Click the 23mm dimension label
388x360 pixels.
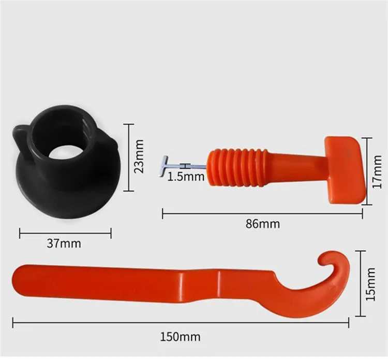coord(138,157)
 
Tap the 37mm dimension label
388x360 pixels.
coord(64,243)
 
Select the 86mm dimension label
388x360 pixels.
coord(263,224)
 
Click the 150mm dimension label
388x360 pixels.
coord(181,337)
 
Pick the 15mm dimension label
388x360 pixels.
coord(370,284)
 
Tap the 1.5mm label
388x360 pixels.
coord(186,177)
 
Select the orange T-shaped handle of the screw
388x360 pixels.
coord(345,170)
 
